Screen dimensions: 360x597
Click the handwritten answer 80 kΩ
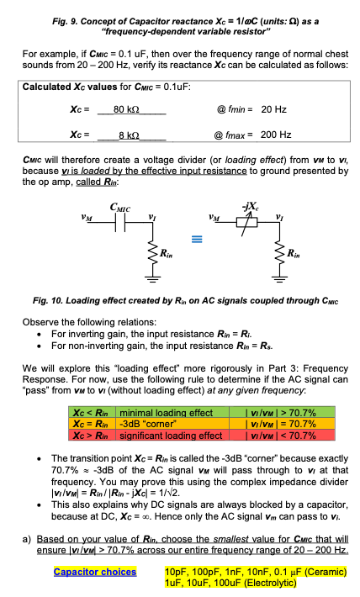point(125,109)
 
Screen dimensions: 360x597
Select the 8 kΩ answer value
point(125,135)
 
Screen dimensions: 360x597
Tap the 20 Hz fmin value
point(274,109)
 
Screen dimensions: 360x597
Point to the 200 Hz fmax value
point(276,135)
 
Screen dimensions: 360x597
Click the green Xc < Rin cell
point(93,413)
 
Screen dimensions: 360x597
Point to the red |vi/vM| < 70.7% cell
point(267,435)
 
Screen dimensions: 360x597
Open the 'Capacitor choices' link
point(94,572)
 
